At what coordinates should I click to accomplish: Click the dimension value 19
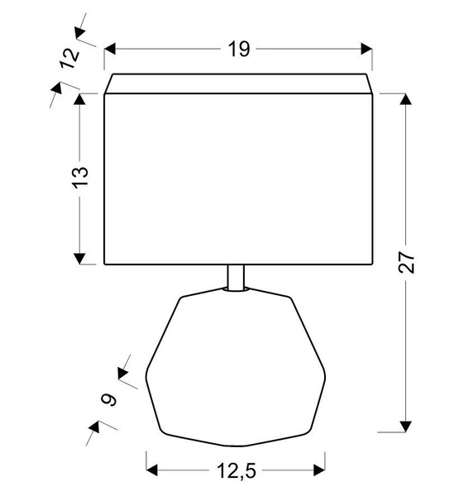239,50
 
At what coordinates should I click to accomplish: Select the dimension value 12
70,59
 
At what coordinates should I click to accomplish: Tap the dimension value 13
80,178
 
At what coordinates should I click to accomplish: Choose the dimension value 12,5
236,472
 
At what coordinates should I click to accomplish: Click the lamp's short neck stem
236,278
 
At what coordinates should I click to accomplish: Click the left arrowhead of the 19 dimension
111,50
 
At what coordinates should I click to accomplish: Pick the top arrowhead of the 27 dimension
405,99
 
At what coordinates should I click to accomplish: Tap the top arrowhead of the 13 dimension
80,99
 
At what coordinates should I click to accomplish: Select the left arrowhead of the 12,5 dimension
153,471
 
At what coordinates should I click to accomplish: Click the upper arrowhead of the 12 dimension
80,33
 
